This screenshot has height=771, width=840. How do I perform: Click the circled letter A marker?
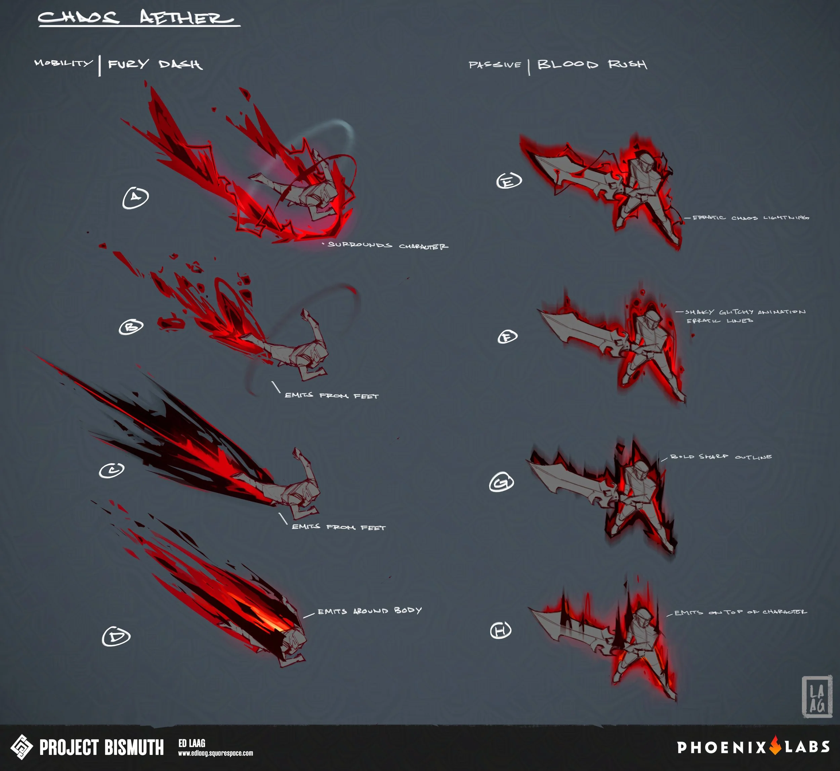(135, 197)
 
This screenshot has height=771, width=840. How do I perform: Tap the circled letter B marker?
(131, 327)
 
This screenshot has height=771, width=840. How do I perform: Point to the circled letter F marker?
(507, 336)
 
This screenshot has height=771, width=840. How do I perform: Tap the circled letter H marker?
(500, 630)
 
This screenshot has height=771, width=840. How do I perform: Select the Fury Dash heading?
(155, 64)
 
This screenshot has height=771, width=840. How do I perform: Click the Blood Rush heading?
(592, 64)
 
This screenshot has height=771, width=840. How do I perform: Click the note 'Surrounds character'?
(388, 245)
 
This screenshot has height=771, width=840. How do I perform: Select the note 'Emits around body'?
(369, 611)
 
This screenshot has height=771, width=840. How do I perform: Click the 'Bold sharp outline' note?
(721, 457)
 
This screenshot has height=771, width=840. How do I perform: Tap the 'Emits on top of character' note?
(740, 612)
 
